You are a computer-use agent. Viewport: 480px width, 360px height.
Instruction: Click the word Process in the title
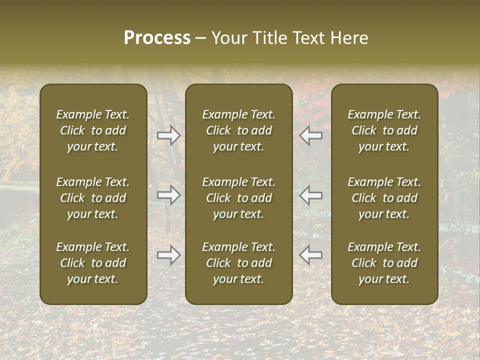pos(157,38)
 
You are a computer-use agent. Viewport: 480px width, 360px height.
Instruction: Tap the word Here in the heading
pos(348,38)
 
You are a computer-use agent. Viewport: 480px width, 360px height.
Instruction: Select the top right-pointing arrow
pos(169,135)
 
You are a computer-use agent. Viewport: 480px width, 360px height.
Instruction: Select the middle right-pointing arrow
pos(169,195)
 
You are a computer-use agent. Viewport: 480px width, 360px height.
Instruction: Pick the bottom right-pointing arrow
pos(169,255)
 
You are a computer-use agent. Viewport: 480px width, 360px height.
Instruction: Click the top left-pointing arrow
pos(311,135)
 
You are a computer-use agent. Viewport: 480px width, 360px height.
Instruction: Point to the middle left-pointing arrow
pos(311,195)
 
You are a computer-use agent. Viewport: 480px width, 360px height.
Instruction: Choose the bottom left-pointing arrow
pos(311,255)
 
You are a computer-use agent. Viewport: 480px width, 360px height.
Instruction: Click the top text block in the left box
pos(93,130)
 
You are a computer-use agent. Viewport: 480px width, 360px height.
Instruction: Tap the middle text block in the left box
pos(93,198)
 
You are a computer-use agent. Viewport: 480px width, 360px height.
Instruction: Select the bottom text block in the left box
pos(93,263)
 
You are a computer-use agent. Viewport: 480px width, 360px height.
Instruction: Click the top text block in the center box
pos(238,130)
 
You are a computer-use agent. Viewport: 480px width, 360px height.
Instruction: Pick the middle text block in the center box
pos(238,198)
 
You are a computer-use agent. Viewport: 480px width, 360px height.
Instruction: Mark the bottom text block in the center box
pos(238,263)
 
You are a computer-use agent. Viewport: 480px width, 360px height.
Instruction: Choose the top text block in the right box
pos(384,130)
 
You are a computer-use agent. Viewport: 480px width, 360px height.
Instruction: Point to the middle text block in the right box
pos(384,198)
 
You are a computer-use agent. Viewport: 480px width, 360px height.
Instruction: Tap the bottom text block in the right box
pos(384,263)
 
